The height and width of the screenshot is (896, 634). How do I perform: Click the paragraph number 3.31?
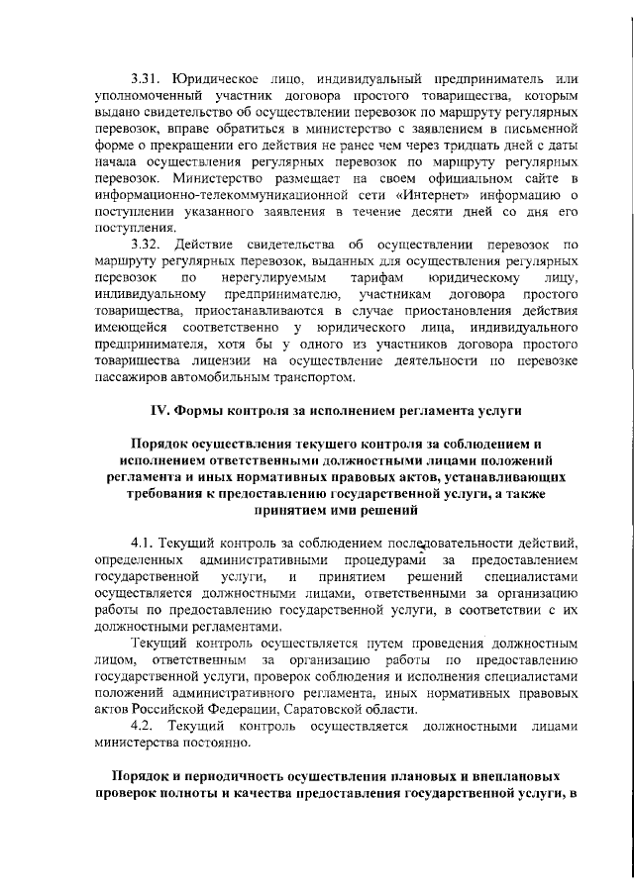point(148,78)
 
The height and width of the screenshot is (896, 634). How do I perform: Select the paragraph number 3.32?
point(148,244)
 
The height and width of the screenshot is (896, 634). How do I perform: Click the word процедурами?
point(375,560)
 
